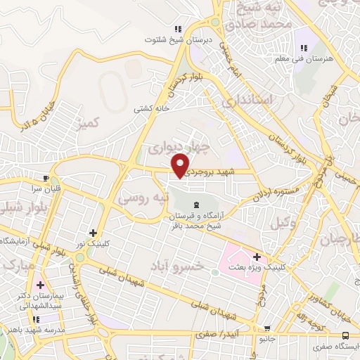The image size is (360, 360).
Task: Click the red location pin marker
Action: coord(182,164)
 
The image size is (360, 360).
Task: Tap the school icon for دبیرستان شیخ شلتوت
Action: coord(179,29)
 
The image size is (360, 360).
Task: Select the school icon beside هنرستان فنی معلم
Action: coord(303,48)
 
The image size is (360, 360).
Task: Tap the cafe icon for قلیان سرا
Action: coord(46,179)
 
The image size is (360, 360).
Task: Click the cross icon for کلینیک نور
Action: coord(93,233)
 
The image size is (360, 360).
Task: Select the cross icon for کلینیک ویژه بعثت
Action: coord(257,257)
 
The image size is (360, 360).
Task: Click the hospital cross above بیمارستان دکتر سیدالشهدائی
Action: coord(40,286)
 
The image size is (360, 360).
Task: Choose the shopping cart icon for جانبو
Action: coord(266,328)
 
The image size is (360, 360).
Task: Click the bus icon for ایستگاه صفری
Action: coord(345,335)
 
